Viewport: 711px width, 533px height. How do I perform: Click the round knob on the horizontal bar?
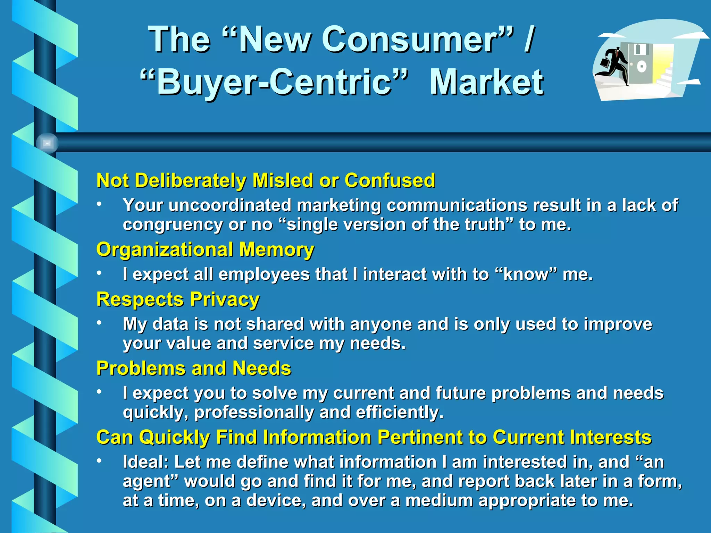point(47,143)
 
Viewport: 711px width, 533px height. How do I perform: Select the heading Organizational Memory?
point(205,249)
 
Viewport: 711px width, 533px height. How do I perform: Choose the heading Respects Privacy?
point(178,299)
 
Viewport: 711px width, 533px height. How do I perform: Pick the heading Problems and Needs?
point(194,368)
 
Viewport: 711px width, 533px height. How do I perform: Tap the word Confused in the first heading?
point(390,180)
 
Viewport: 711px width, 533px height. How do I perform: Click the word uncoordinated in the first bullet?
point(230,205)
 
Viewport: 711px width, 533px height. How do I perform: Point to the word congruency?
point(173,225)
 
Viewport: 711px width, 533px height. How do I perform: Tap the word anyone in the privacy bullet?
point(381,324)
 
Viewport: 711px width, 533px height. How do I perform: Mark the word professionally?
point(254,412)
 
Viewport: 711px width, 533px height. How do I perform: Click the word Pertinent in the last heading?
point(420,437)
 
